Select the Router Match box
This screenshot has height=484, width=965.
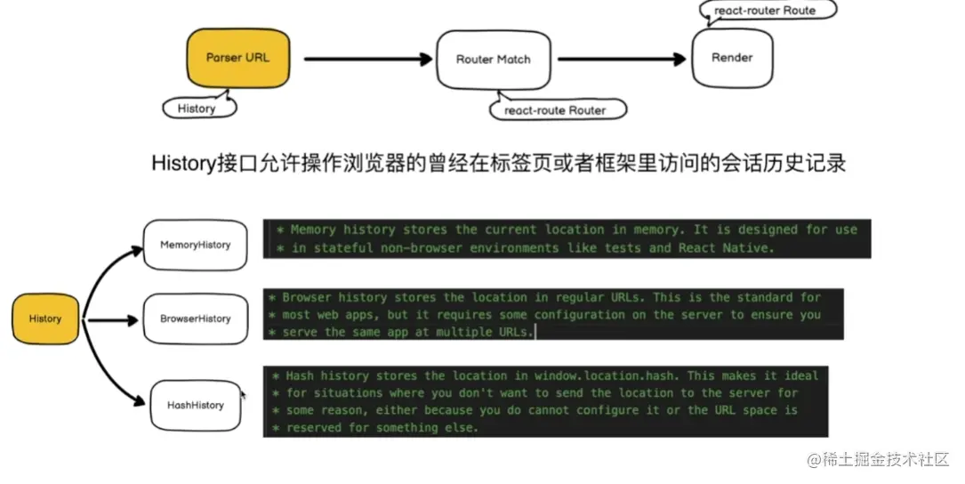click(493, 60)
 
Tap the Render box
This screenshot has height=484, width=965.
click(732, 58)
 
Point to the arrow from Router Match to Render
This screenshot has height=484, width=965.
click(622, 60)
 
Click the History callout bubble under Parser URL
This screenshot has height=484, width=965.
click(197, 109)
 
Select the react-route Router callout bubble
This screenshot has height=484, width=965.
click(555, 110)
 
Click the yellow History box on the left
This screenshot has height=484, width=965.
click(45, 319)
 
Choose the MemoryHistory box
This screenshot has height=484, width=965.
click(195, 245)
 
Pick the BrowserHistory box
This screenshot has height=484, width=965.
click(196, 319)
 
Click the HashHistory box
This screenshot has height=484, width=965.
click(196, 405)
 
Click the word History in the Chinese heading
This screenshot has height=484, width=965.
click(180, 164)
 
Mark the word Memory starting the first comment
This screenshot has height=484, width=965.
click(312, 230)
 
